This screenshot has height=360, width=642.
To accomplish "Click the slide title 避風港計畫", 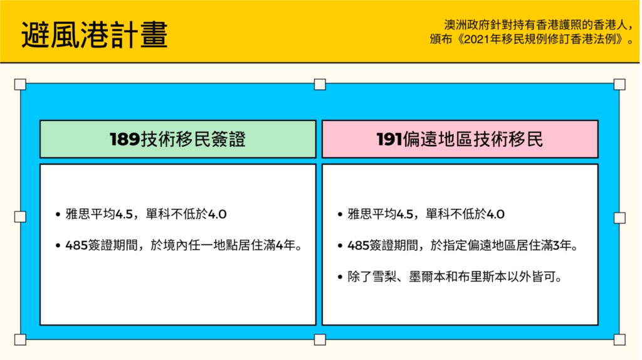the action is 95,35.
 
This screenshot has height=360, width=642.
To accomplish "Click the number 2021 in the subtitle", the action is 478,40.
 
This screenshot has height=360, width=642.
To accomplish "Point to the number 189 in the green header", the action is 125,139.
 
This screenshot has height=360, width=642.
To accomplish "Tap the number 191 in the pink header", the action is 389,139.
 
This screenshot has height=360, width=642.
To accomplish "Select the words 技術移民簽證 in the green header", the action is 193,139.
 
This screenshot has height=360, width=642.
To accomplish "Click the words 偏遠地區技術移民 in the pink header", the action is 473,139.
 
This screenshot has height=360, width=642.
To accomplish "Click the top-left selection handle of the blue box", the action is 20,85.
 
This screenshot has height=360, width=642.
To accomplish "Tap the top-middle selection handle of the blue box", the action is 320,85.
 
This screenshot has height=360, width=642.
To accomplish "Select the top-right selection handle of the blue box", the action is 619,85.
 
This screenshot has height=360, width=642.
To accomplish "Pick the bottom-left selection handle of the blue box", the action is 20,339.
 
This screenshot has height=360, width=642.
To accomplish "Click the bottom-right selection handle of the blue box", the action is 619,339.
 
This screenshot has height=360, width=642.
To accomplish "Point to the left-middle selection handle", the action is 20,216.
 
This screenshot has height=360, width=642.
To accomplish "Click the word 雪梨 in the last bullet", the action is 384,277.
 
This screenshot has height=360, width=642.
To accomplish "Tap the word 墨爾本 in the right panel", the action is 427,277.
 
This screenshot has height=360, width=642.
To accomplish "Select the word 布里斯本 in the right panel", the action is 483,277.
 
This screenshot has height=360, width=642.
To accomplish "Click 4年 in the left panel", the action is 285,246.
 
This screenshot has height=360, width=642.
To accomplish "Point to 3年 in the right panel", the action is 562,246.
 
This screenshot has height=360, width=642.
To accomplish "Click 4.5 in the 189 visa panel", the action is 124,214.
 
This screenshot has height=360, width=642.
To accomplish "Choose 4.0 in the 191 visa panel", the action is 495,214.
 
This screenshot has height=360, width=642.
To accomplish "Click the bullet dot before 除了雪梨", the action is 340,277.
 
